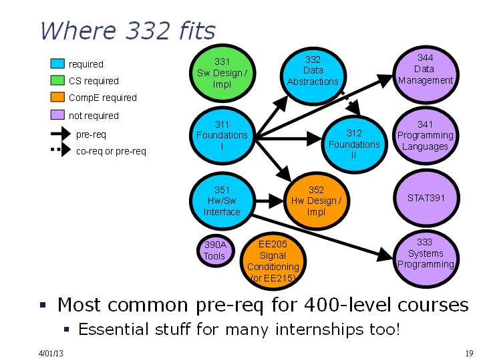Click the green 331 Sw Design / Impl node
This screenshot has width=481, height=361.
(x=222, y=73)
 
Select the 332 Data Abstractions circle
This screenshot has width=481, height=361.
(x=313, y=76)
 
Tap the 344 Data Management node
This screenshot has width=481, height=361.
(x=426, y=75)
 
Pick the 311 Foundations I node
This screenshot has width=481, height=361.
(x=222, y=135)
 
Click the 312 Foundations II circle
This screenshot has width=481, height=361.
(x=354, y=144)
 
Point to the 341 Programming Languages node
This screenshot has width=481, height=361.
(x=426, y=135)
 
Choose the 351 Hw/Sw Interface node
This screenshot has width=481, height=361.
(x=222, y=201)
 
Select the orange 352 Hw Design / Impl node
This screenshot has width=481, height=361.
(x=317, y=201)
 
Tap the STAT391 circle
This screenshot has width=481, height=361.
(x=426, y=198)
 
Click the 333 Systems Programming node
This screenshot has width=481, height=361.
(x=426, y=259)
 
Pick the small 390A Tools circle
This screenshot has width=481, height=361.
(x=215, y=251)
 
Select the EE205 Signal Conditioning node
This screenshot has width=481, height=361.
(x=273, y=261)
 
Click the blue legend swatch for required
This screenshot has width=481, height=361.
(x=57, y=64)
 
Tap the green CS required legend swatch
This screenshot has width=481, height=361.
(x=57, y=80)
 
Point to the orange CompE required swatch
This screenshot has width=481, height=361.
(x=57, y=97)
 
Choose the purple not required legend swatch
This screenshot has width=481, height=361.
(x=57, y=115)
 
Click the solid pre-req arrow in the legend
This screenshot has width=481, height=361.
(x=61, y=134)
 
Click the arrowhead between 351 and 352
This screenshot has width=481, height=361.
(x=277, y=201)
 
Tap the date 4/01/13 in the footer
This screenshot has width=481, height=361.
(x=51, y=354)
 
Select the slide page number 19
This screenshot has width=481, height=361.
(x=469, y=354)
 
